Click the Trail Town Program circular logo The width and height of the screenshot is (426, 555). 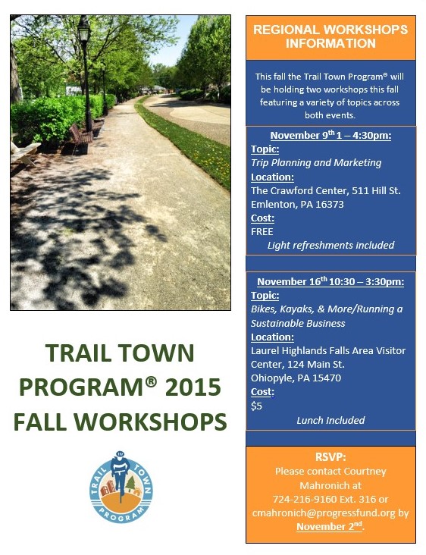pyautogui.click(x=121, y=487)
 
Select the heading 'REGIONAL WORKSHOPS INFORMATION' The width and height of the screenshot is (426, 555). pyautogui.click(x=330, y=36)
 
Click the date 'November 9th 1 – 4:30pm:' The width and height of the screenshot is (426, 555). pyautogui.click(x=330, y=135)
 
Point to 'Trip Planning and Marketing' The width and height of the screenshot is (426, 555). pyautogui.click(x=316, y=163)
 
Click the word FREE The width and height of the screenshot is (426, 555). pyautogui.click(x=262, y=232)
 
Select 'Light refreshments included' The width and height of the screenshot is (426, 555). pyautogui.click(x=330, y=246)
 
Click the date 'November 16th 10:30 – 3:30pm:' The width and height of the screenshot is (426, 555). pyautogui.click(x=330, y=281)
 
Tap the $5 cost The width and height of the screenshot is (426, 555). pyautogui.click(x=256, y=406)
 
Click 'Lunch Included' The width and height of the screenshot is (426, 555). pyautogui.click(x=330, y=420)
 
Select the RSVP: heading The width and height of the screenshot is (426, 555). pyautogui.click(x=330, y=457)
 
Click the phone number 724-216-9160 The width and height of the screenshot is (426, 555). pyautogui.click(x=305, y=499)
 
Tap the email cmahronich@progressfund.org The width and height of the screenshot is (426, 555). pyautogui.click(x=324, y=513)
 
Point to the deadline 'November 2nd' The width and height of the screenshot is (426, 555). pyautogui.click(x=330, y=526)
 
